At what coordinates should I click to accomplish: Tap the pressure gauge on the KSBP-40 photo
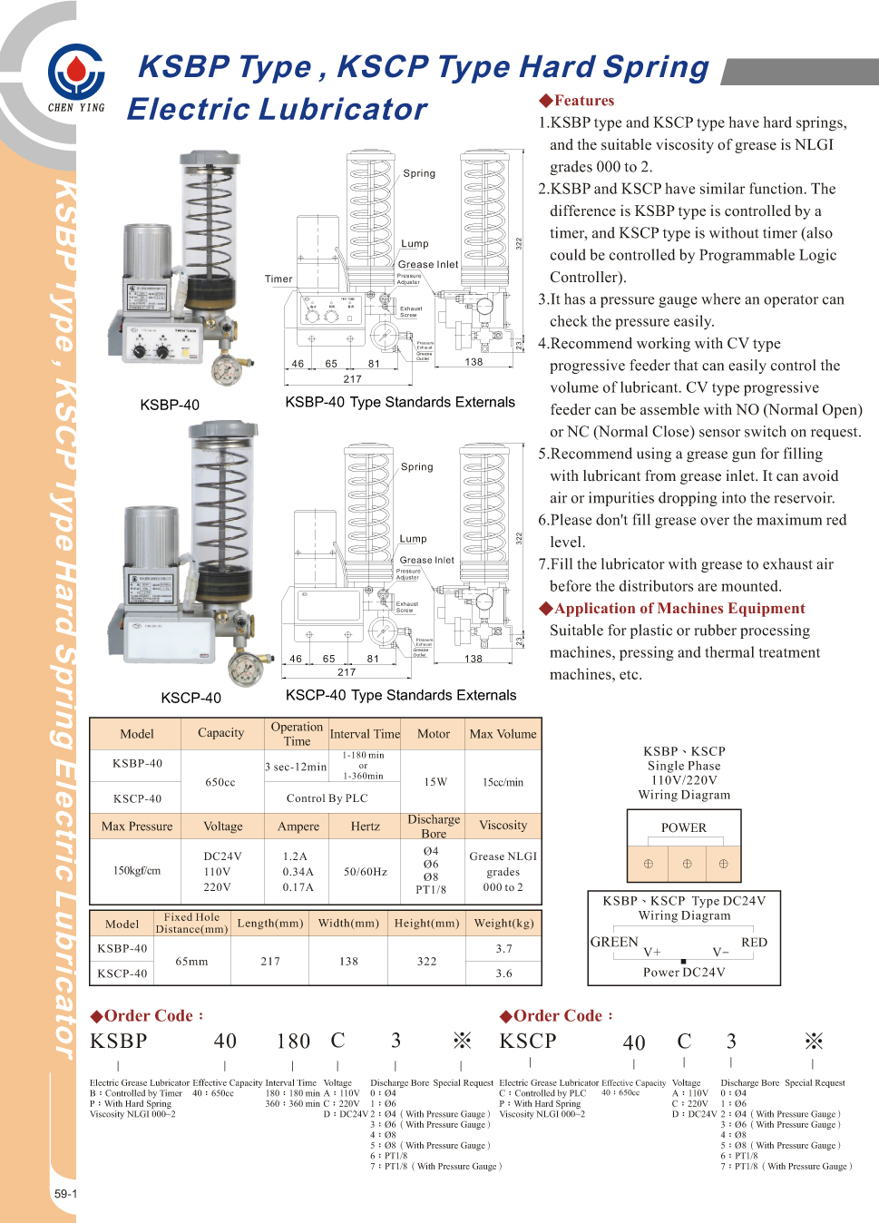click(x=226, y=369)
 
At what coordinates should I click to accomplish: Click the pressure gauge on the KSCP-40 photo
click(x=245, y=670)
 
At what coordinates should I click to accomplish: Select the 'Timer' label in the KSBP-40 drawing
click(x=278, y=279)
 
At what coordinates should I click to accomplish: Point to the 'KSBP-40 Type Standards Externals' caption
click(x=400, y=402)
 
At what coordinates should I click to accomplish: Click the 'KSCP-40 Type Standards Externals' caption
click(x=401, y=695)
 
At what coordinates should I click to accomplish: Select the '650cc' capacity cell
click(x=220, y=782)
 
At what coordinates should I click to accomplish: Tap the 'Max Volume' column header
click(x=503, y=734)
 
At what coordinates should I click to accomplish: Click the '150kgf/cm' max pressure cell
click(x=137, y=871)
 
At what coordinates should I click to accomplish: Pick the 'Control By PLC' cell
click(x=327, y=798)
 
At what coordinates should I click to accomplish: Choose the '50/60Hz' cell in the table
click(x=366, y=872)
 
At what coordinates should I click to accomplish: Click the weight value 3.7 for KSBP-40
click(x=504, y=948)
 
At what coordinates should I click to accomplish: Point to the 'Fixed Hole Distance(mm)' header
click(x=191, y=923)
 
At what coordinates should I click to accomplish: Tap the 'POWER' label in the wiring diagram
click(x=684, y=827)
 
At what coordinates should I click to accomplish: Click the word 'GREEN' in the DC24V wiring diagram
click(x=614, y=942)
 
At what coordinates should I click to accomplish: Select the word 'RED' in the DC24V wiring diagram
click(x=754, y=942)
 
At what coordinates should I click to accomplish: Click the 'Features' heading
click(x=583, y=101)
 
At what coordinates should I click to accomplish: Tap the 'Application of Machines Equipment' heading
click(x=679, y=609)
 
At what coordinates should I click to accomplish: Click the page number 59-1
click(x=65, y=1193)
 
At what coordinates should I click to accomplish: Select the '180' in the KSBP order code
click(x=293, y=1041)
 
